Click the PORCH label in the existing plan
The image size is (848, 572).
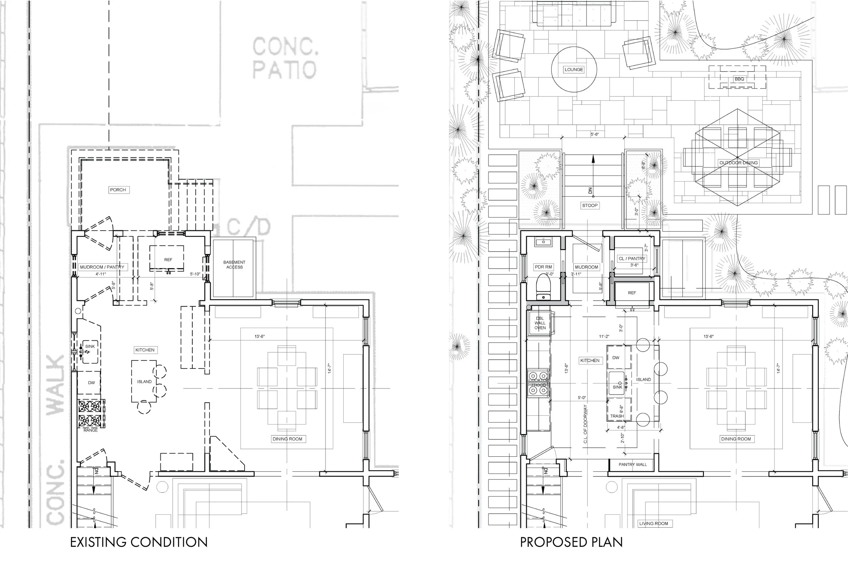click(x=118, y=190)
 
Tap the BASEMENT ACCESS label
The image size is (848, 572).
click(x=234, y=264)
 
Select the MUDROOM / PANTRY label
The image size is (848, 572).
click(x=102, y=267)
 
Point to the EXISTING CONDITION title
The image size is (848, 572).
click(x=139, y=542)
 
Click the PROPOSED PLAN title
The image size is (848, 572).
click(x=571, y=542)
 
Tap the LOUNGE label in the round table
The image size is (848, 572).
click(x=574, y=69)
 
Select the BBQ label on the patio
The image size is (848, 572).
click(x=739, y=79)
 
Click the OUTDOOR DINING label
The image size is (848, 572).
click(x=738, y=163)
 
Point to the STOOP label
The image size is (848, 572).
click(x=590, y=205)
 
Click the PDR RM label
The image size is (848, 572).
click(x=543, y=267)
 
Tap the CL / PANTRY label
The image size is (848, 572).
click(x=632, y=258)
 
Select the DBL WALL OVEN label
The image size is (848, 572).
click(x=540, y=323)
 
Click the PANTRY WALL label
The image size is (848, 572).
click(x=632, y=465)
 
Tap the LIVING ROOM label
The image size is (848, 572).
click(x=653, y=524)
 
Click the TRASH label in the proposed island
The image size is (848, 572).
click(x=617, y=416)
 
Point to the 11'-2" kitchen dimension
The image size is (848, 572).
click(x=604, y=337)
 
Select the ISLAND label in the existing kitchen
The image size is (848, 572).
click(x=144, y=381)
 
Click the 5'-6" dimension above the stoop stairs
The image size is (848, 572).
click(x=595, y=135)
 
